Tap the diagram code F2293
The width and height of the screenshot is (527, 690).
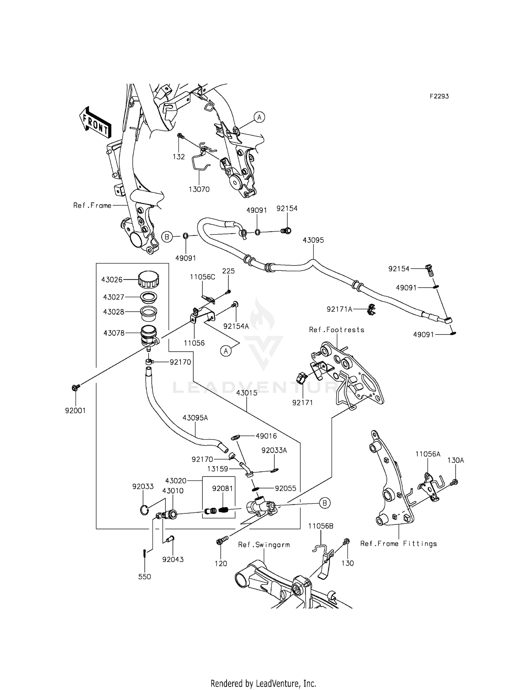pyautogui.click(x=439, y=96)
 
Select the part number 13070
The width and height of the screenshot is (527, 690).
pyautogui.click(x=199, y=190)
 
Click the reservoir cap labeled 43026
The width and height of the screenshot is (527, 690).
pyautogui.click(x=149, y=280)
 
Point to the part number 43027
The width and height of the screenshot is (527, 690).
pyautogui.click(x=113, y=297)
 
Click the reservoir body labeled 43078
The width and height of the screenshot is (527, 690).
pyautogui.click(x=149, y=335)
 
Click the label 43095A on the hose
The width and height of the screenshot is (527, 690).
pyautogui.click(x=195, y=418)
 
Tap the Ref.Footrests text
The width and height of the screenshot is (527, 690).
pyautogui.click(x=337, y=330)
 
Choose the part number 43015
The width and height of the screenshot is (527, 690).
pyautogui.click(x=247, y=393)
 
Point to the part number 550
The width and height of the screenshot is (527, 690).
pyautogui.click(x=144, y=577)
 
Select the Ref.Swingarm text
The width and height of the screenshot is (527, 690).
pyautogui.click(x=264, y=545)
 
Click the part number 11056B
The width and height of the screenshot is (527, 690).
pyautogui.click(x=321, y=526)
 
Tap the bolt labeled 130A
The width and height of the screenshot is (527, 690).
pyautogui.click(x=455, y=482)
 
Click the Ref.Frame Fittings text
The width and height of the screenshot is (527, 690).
pyautogui.click(x=398, y=544)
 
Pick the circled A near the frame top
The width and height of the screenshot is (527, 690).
pyautogui.click(x=259, y=117)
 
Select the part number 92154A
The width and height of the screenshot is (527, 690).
pyautogui.click(x=236, y=326)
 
